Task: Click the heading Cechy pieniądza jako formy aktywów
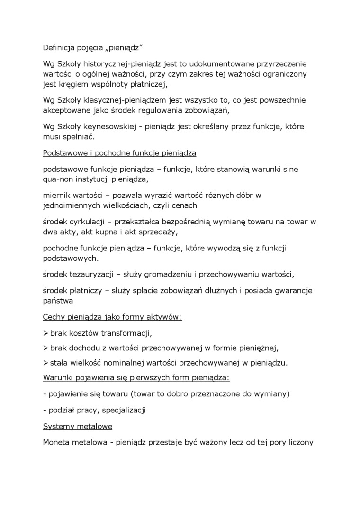click(x=112, y=316)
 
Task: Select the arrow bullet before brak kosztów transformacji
click(x=45, y=332)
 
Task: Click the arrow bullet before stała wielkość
click(x=45, y=363)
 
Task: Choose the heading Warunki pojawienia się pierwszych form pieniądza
click(x=136, y=378)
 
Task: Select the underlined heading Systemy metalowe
click(x=77, y=426)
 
